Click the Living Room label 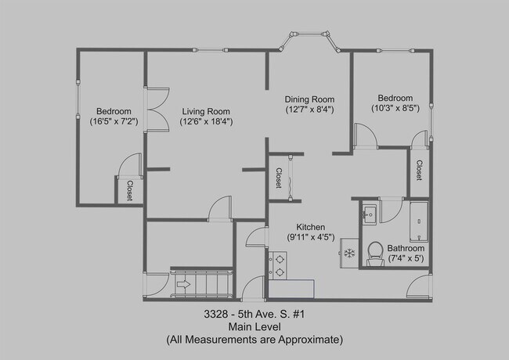206,112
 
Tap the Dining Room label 309,99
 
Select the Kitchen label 310,227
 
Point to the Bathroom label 406,248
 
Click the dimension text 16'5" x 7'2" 114,121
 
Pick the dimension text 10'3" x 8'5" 395,108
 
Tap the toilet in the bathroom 376,254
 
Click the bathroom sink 369,214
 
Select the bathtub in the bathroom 419,221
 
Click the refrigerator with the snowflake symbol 349,254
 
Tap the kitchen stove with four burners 277,265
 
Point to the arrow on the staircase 183,284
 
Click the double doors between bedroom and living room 157,110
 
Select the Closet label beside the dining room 279,178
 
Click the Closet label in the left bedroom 130,191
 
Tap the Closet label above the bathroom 419,171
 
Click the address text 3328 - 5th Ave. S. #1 254,314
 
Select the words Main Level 254,326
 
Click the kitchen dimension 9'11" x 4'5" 311,237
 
